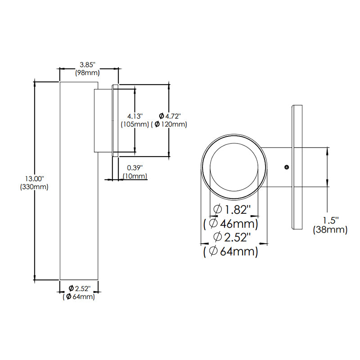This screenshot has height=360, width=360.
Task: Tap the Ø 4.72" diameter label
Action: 171,116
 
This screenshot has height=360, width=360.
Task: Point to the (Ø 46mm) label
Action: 231,223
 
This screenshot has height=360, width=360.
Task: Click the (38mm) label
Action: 330,230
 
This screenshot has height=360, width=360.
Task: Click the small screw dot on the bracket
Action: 287,167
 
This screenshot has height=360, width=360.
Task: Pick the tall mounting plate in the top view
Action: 297,167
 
